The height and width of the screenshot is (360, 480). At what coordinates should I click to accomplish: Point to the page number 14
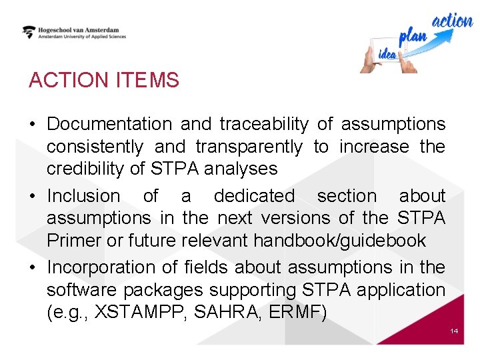click(454, 331)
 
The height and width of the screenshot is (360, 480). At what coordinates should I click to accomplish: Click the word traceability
click(264, 124)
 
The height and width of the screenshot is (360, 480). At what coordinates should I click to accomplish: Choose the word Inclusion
click(83, 196)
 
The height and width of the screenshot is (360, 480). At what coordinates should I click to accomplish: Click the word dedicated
click(253, 196)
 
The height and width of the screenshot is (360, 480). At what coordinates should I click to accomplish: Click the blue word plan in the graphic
click(412, 37)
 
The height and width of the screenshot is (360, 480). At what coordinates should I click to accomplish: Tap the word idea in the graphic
click(387, 54)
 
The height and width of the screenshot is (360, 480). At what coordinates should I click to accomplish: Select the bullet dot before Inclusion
click(33, 197)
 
